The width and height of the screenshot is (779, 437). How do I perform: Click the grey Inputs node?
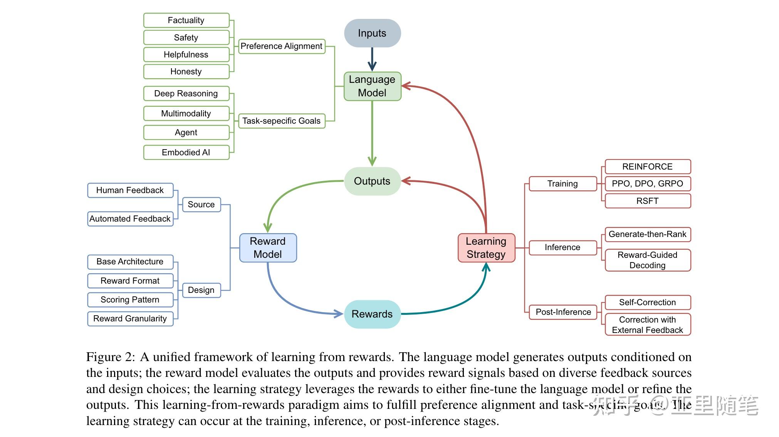(372, 33)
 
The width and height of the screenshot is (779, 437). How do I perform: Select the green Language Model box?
(372, 86)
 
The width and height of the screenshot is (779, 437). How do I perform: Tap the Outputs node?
(372, 181)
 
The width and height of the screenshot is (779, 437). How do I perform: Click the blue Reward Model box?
(268, 248)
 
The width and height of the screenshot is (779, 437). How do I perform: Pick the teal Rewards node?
(372, 314)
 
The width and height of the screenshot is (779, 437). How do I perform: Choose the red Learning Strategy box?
(486, 248)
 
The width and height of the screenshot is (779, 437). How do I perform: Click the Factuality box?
(186, 20)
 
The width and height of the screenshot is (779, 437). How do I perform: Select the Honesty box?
(186, 72)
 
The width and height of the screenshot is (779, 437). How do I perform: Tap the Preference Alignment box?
(282, 46)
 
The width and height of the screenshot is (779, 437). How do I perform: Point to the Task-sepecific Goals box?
(282, 121)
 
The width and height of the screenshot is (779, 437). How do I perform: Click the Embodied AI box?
(186, 152)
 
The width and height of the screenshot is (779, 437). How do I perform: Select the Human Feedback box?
(130, 190)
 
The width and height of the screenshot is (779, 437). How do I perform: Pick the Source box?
(201, 205)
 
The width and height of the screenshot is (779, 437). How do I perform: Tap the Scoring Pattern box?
(130, 300)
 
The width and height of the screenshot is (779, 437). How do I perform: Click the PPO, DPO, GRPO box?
(648, 184)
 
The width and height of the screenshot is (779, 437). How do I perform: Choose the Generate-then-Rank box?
(648, 234)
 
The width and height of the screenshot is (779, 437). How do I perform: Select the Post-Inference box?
(563, 312)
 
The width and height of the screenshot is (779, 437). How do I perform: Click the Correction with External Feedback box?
(648, 324)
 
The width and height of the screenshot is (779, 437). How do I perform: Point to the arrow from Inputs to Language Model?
(372, 59)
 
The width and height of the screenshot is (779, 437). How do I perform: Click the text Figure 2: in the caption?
(111, 357)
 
